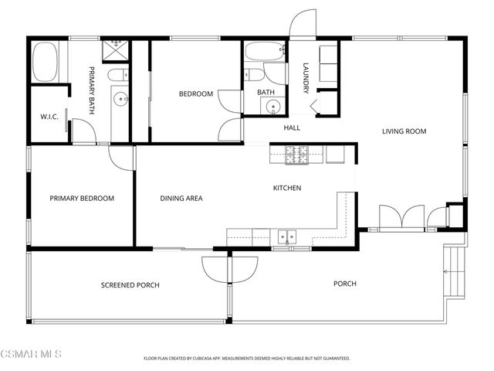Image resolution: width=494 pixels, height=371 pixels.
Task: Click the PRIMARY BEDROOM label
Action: click(x=82, y=199)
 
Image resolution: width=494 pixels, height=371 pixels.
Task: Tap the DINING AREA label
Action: click(x=181, y=199)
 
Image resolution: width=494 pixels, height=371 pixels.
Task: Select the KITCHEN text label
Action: click(x=287, y=188)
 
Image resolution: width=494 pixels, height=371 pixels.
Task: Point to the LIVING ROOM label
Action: click(x=404, y=131)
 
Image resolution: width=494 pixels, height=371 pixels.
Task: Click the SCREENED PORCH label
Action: click(x=130, y=285)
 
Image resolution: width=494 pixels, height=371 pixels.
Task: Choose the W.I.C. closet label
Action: click(x=49, y=117)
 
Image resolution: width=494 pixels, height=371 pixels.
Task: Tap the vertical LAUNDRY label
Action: click(x=306, y=78)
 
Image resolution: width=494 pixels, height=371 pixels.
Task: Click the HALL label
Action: click(x=292, y=128)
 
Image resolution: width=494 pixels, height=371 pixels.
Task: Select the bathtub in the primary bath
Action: click(x=45, y=62)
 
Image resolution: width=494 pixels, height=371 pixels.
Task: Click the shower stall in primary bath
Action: click(x=116, y=50)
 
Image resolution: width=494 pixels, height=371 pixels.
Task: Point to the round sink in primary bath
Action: click(x=120, y=99)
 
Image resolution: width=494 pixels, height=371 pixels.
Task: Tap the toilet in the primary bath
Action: click(x=118, y=75)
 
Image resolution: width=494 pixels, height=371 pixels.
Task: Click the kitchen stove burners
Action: click(x=296, y=155)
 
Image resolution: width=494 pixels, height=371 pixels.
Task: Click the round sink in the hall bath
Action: click(x=272, y=106)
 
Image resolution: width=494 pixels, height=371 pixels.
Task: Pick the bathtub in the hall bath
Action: click(x=266, y=51)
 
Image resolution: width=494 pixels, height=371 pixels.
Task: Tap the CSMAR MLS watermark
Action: click(x=31, y=354)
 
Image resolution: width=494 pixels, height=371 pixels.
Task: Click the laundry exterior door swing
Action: click(x=303, y=22)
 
